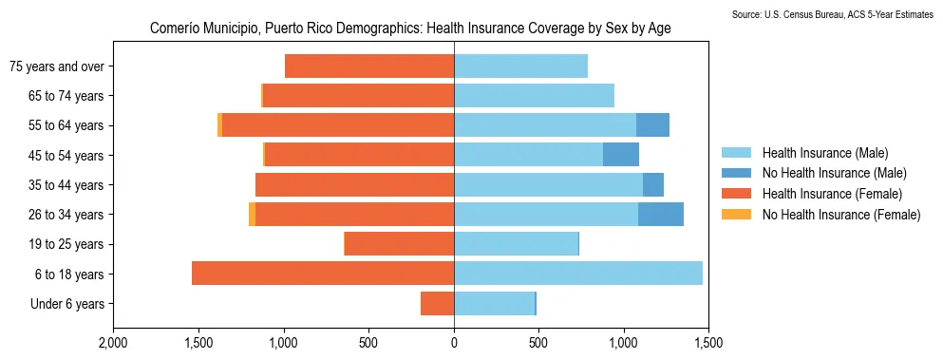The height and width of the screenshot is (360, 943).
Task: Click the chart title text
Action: coord(410,28)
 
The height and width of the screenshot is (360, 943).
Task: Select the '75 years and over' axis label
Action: coord(56,66)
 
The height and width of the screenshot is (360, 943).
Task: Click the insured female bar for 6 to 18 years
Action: coord(323,274)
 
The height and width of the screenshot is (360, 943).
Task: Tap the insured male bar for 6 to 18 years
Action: coord(578,274)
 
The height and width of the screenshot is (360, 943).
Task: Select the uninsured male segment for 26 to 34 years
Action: coord(661,215)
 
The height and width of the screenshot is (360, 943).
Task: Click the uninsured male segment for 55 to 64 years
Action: coord(652,125)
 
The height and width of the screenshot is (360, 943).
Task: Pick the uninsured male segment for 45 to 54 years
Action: coord(621,155)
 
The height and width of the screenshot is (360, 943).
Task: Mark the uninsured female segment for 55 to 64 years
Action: coord(219,125)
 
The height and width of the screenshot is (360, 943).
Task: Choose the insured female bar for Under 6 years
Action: coord(437,304)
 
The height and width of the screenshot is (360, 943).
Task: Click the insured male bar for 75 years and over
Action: coord(520,66)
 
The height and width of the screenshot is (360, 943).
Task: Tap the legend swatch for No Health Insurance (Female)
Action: coord(736,215)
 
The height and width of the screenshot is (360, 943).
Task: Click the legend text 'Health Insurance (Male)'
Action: coord(825,152)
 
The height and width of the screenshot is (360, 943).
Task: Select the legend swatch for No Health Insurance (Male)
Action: coord(736,173)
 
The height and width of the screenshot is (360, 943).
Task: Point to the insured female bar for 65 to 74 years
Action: coord(358,96)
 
